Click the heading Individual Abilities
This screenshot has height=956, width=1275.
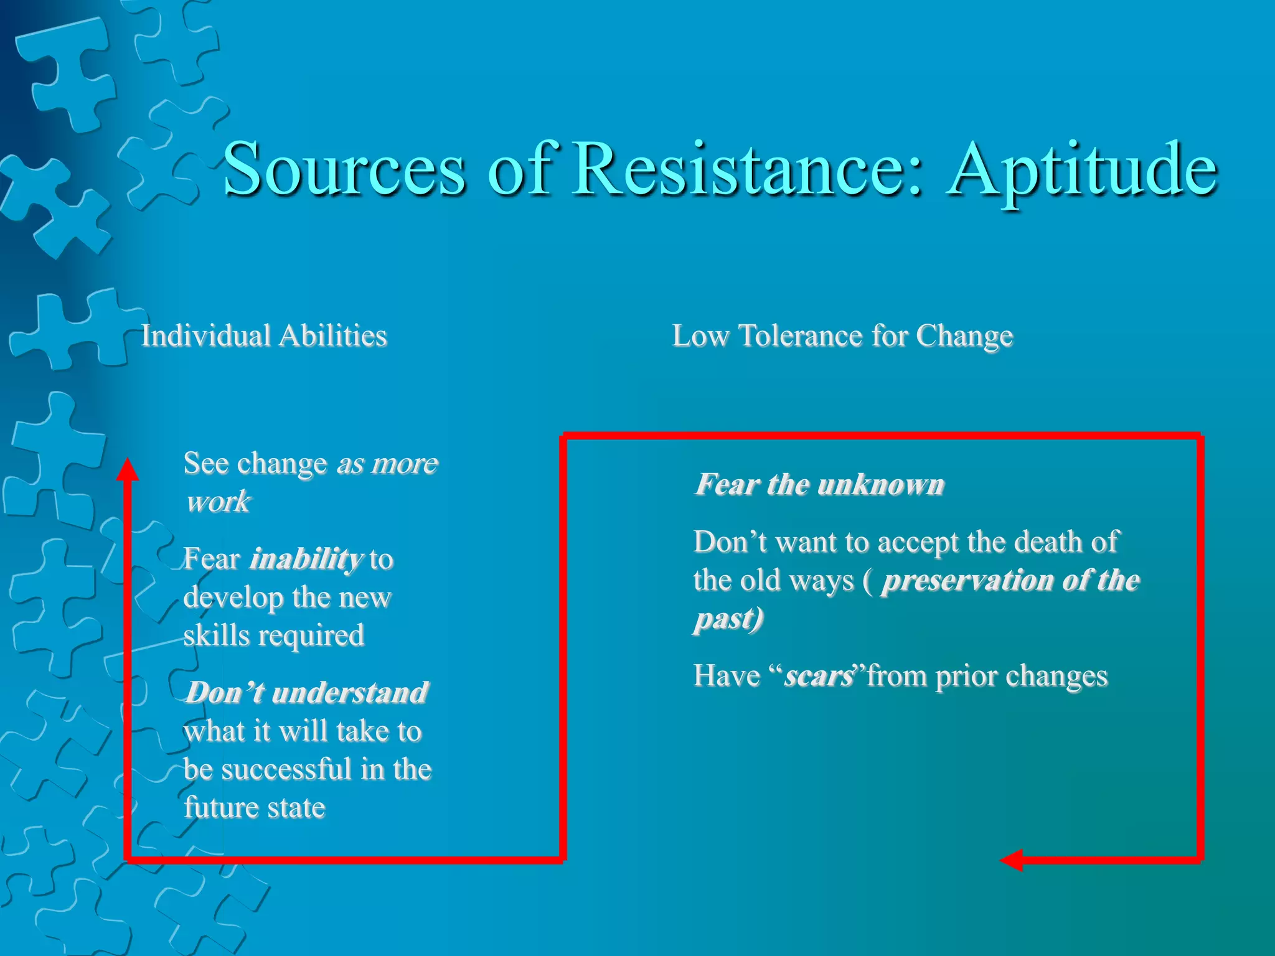pos(264,336)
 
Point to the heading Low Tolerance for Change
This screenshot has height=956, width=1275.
pos(842,336)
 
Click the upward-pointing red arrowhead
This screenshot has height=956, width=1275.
pos(128,470)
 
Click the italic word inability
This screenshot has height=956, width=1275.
pos(306,559)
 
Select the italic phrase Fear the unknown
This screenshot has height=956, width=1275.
pos(819,484)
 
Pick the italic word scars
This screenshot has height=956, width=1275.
pos(818,676)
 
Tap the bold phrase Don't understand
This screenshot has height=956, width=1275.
pos(307,693)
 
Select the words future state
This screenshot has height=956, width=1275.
pos(254,808)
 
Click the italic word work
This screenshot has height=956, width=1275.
pos(218,502)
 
